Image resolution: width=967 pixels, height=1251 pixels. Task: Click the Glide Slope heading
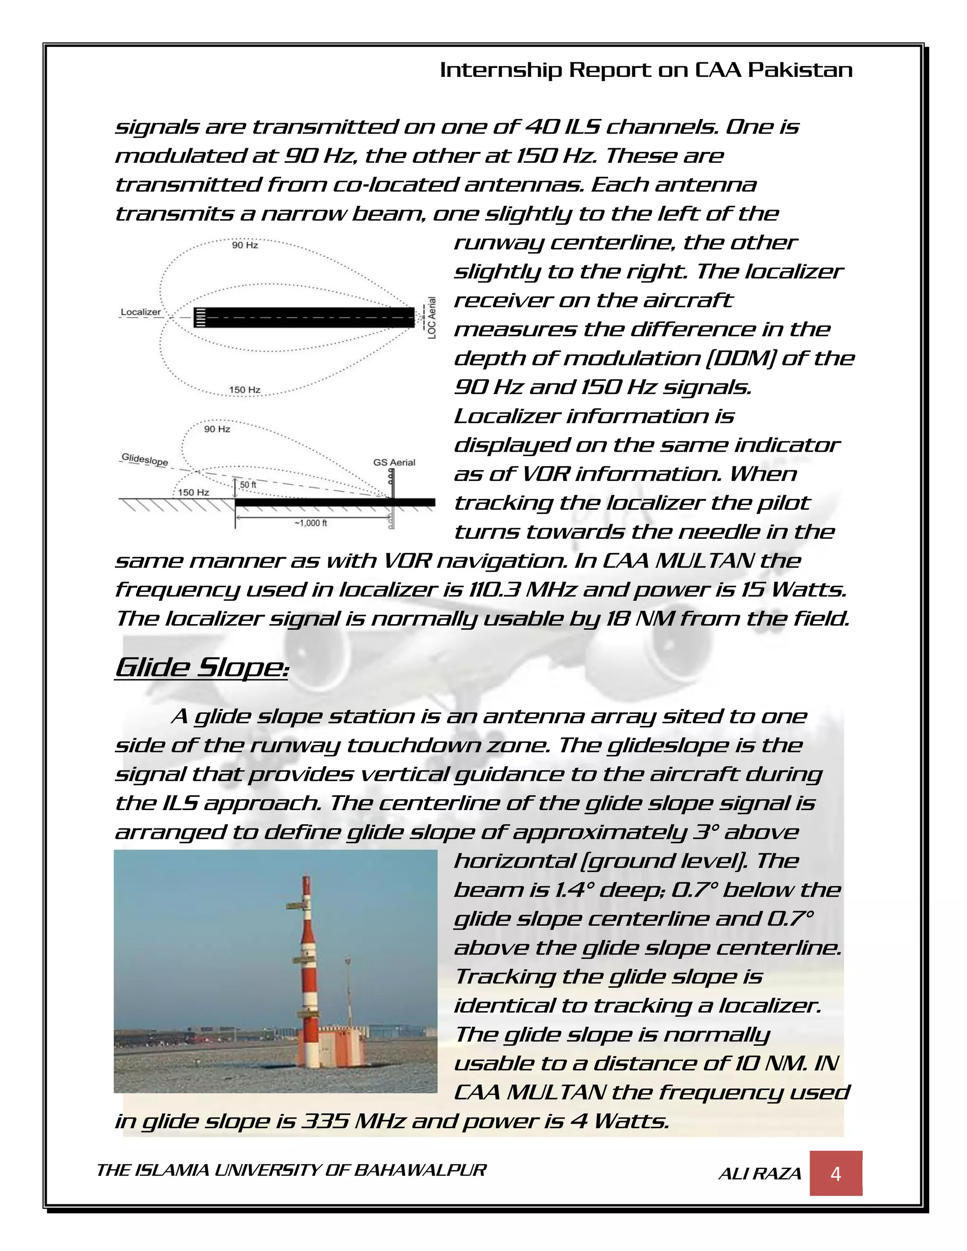coord(201,668)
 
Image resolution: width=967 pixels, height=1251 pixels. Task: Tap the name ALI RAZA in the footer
coord(760,1174)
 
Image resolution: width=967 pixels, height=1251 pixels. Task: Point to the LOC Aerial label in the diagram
coord(432,317)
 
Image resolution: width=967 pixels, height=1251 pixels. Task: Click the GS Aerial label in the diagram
coord(394,462)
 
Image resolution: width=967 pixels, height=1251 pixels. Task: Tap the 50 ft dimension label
coord(247,485)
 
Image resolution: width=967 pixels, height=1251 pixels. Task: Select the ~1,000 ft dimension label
coord(311,523)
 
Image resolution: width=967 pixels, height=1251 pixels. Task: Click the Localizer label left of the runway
coord(140,312)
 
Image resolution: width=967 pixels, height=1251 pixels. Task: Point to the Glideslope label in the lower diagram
coord(144,459)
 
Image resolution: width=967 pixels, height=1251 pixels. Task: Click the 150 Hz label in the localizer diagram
coord(245,390)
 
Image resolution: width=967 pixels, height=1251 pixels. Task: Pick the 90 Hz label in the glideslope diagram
coord(217,429)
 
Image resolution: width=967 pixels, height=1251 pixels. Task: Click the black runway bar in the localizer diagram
coord(309,317)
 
